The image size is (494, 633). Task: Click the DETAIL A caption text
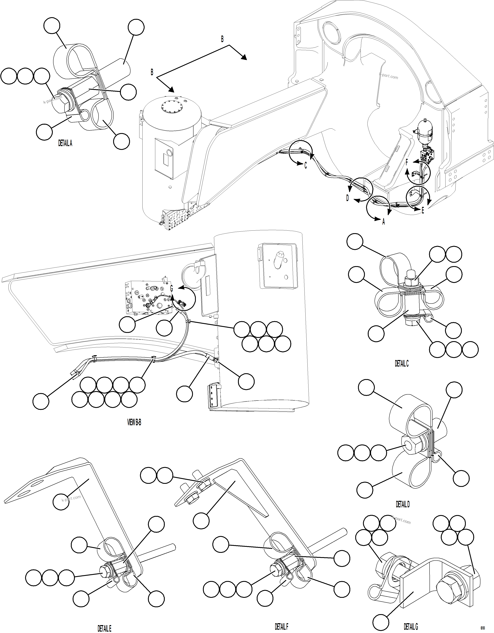tap(65, 143)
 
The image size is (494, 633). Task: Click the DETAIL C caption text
tap(401, 363)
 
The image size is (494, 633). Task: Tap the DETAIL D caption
tap(403, 504)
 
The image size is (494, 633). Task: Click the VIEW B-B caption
tap(134, 423)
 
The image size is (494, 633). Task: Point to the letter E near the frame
tap(423, 211)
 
